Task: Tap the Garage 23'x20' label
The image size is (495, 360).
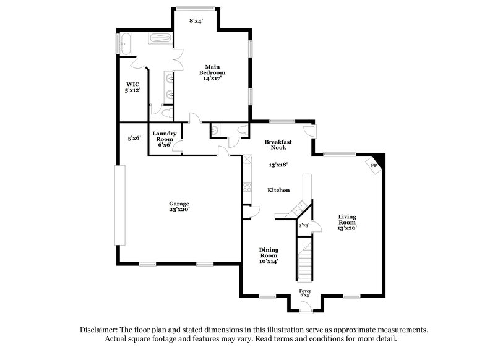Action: pos(179,206)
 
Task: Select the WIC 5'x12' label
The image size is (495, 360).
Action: pos(132,87)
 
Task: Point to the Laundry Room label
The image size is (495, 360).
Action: pos(165,139)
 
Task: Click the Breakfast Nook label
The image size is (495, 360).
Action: pos(278,145)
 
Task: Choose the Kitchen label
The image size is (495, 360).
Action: pos(278,190)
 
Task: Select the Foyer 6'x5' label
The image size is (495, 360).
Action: pos(305,293)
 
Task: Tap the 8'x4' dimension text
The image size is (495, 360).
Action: pos(196,21)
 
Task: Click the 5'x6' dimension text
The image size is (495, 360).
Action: pos(134,138)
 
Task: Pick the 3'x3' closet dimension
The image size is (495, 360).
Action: pos(304,226)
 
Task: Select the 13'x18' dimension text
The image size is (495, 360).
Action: pos(278,165)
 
